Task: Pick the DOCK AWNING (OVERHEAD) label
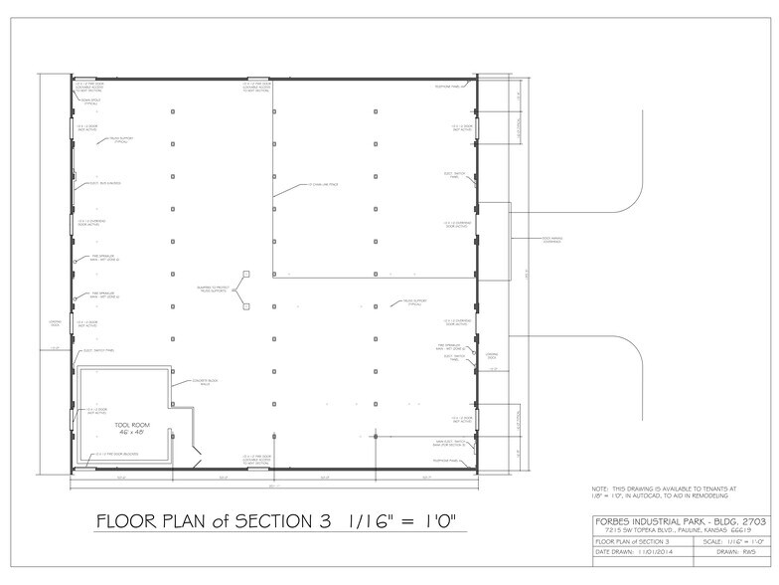tap(552, 239)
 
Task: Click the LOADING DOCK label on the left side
tap(55, 324)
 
